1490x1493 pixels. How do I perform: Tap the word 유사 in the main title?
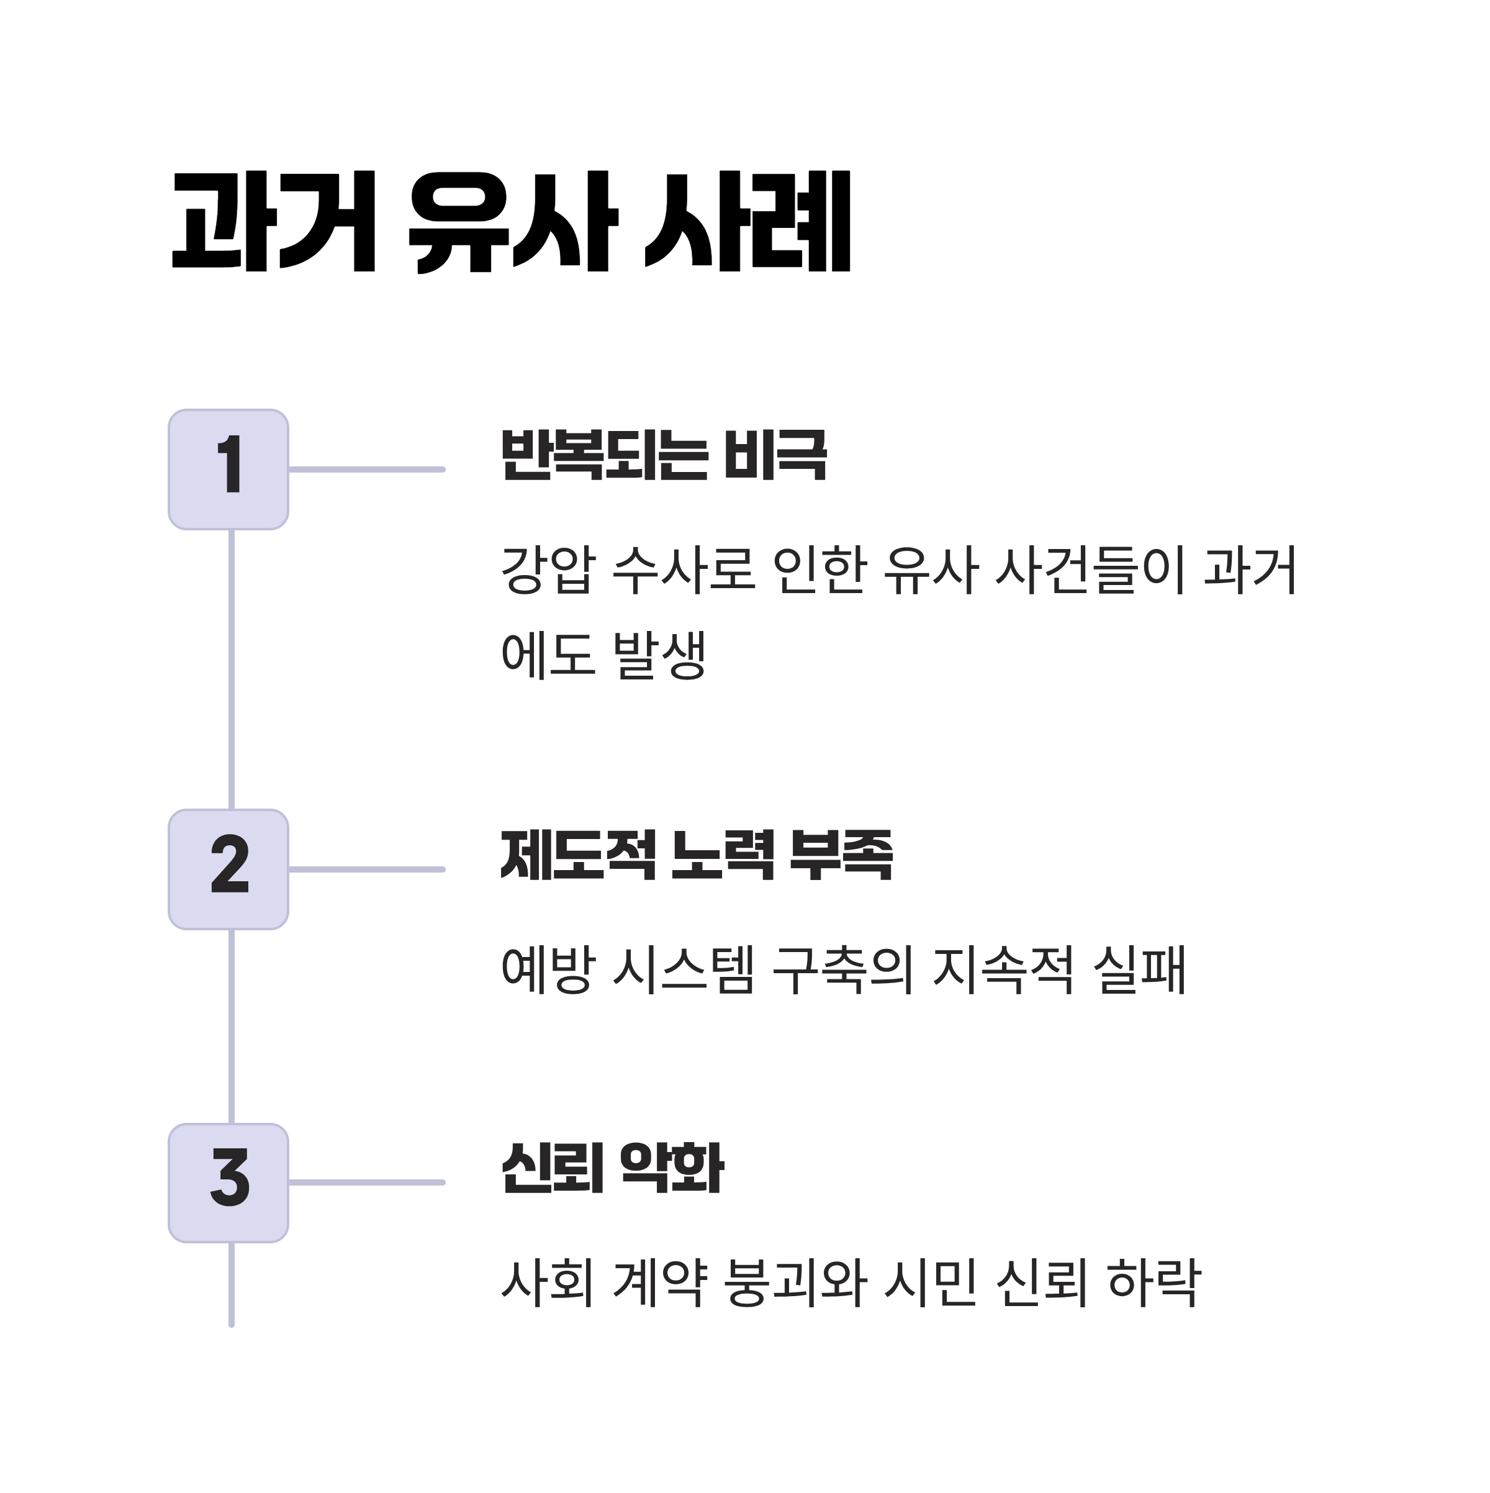tap(513, 222)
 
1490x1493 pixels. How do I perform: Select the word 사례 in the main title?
tap(747, 222)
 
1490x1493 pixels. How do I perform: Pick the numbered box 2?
tap(228, 870)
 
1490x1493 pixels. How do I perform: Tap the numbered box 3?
tap(228, 1183)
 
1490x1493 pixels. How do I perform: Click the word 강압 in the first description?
tap(548, 570)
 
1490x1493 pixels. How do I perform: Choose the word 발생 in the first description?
tap(659, 655)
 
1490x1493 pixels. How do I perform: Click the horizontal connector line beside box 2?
tap(367, 870)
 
